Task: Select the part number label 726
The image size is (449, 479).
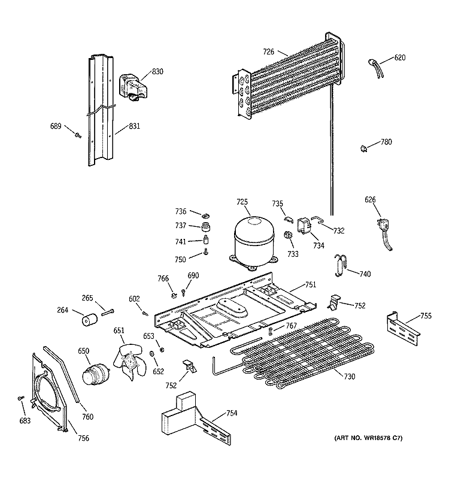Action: [x=268, y=52]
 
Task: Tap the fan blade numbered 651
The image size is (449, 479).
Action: [x=128, y=362]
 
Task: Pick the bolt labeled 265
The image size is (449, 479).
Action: [x=107, y=311]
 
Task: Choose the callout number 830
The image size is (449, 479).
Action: [x=157, y=72]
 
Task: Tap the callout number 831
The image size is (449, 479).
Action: [x=135, y=127]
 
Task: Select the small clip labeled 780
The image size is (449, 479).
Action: [x=364, y=147]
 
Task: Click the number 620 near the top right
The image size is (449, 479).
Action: [x=399, y=58]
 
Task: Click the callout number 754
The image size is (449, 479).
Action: [x=231, y=414]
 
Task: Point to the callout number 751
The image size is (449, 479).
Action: [x=310, y=285]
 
